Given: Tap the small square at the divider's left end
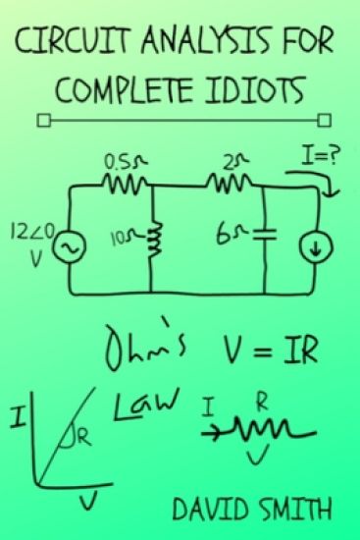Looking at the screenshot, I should point(41,122).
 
